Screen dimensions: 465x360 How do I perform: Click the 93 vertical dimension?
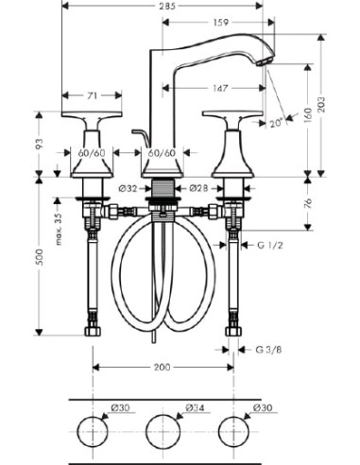(39, 144)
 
